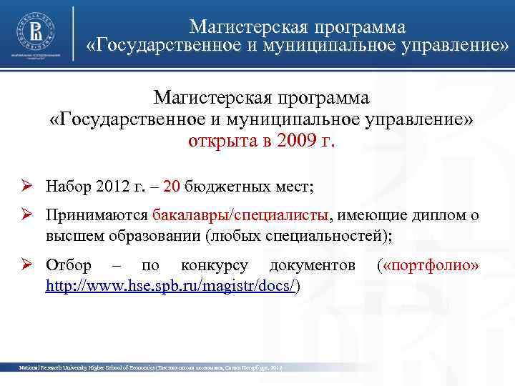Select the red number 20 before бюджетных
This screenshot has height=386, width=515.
[x=172, y=188]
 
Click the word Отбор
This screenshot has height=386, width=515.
[x=68, y=266]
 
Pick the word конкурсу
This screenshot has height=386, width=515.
[x=215, y=266]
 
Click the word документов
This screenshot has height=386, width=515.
[x=313, y=266]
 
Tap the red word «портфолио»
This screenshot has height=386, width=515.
[x=431, y=266]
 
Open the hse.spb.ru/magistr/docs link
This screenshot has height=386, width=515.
[x=170, y=284]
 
